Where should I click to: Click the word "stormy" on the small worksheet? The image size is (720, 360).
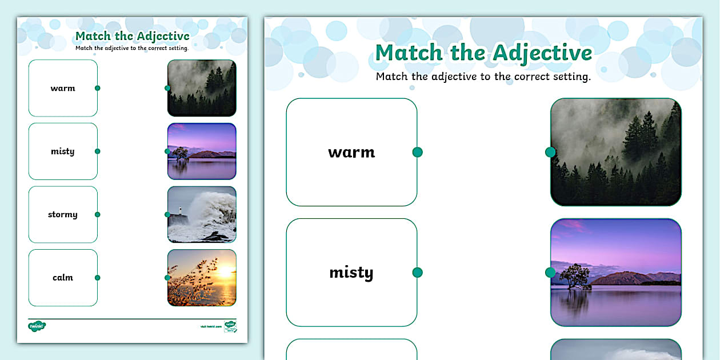click(63, 215)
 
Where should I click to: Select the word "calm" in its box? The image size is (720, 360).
click(63, 278)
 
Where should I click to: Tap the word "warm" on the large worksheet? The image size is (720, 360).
click(351, 153)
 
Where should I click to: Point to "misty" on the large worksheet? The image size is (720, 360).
click(351, 273)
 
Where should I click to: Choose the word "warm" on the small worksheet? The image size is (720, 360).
click(63, 89)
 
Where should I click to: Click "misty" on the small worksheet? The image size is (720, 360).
click(63, 151)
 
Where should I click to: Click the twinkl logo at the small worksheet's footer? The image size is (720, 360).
click(37, 326)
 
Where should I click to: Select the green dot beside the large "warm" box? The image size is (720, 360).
click(417, 152)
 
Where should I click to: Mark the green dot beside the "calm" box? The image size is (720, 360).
click(98, 278)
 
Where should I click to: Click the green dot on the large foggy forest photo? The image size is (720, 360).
click(550, 152)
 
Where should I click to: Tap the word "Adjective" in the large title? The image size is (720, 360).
click(542, 53)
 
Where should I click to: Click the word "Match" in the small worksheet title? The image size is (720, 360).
click(93, 37)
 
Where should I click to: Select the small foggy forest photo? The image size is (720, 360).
click(202, 88)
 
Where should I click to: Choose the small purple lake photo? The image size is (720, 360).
click(202, 151)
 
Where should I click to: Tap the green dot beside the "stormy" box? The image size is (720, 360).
click(98, 215)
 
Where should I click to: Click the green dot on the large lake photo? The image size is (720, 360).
click(550, 273)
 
